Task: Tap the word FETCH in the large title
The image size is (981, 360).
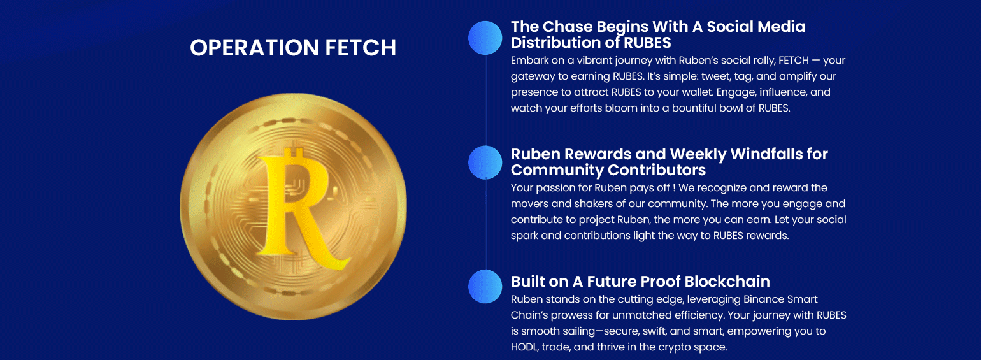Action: [x=361, y=47]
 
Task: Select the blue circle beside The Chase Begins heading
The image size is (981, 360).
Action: [x=485, y=38]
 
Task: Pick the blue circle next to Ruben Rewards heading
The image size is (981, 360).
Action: [x=485, y=162]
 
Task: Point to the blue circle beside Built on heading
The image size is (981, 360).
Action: [x=485, y=287]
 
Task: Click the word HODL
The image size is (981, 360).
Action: [x=525, y=347]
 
